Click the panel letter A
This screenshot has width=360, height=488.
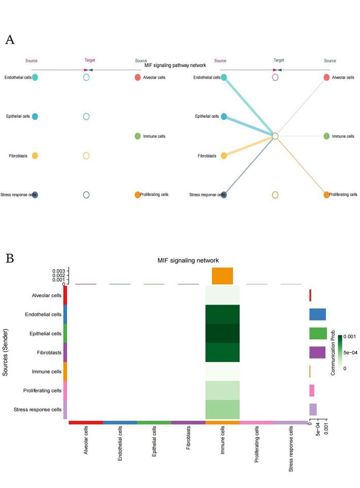(10, 41)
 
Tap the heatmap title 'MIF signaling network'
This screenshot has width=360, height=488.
(188, 261)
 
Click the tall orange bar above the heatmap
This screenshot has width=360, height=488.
(222, 276)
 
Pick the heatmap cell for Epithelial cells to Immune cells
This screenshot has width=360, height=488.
(222, 333)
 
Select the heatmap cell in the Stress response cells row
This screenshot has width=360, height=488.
(222, 409)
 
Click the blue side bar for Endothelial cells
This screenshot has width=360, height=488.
(317, 314)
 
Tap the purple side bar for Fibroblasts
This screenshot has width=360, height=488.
(317, 352)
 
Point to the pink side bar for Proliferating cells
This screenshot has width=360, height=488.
(312, 391)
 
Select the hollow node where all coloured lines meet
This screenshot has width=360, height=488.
(275, 136)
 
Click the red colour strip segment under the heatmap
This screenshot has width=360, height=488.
(86, 422)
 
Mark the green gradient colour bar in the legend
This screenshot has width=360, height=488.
(340, 352)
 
